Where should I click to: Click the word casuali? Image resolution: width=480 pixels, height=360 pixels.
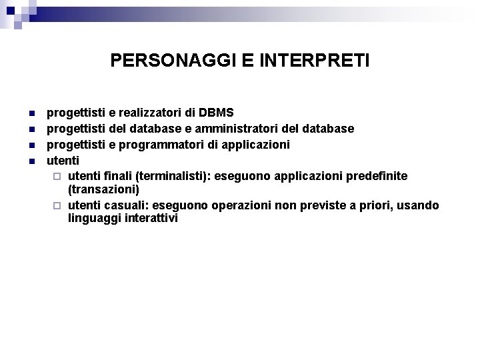point(122,205)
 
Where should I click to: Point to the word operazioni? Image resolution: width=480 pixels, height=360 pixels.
point(243,205)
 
